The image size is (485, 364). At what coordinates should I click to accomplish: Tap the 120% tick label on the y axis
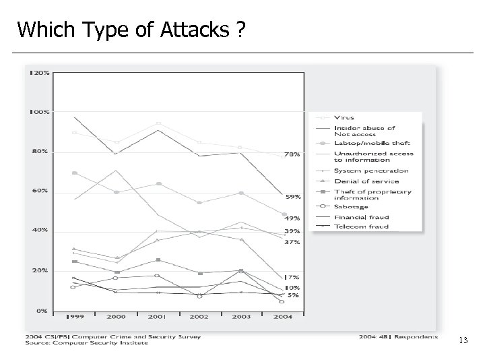tap(39, 73)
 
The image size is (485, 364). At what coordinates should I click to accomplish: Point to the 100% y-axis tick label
tap(39, 112)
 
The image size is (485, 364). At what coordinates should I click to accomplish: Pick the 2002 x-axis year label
tap(198, 316)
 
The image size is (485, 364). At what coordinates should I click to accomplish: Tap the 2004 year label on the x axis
tap(282, 316)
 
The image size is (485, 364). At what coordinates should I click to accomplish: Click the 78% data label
tap(292, 154)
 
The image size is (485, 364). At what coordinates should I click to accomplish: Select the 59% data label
tap(292, 197)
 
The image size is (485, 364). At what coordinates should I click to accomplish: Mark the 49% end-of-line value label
tap(292, 218)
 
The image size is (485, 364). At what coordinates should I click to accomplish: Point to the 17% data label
tap(292, 277)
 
